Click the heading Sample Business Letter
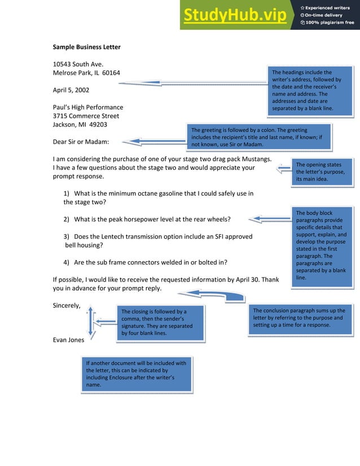point(86,47)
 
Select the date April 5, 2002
point(71,90)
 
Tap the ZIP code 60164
point(110,73)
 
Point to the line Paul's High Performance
point(87,107)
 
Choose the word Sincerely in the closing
point(66,306)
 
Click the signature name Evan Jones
point(68,340)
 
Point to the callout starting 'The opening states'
point(322,172)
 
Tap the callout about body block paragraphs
point(322,245)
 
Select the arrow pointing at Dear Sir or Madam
point(153,142)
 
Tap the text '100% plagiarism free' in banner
point(330,23)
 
